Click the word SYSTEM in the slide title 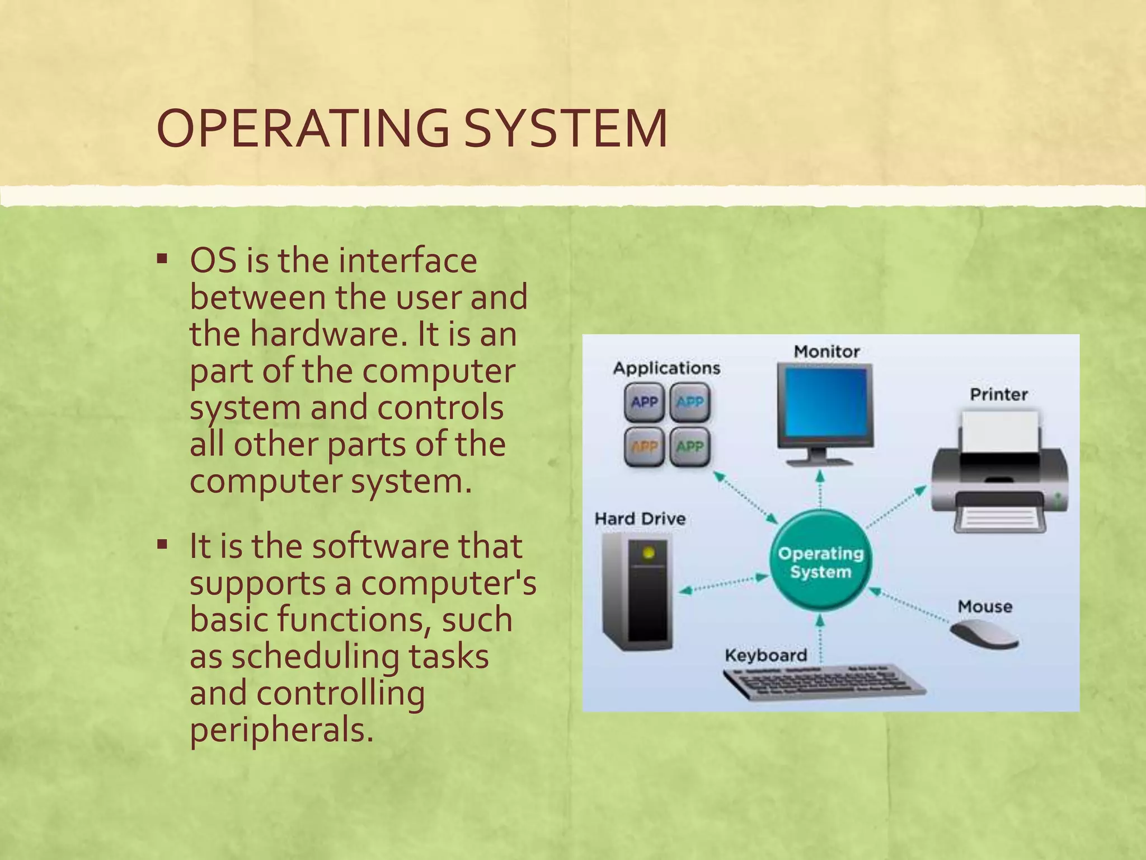click(566, 129)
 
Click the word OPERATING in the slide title click(302, 129)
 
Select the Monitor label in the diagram click(826, 352)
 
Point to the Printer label click(999, 394)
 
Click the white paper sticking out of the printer click(999, 431)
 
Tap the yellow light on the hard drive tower click(649, 553)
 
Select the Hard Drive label click(640, 518)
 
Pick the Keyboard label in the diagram click(765, 655)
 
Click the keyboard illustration click(823, 683)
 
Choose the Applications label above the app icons click(666, 368)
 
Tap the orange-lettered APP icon click(644, 447)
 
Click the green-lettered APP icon click(689, 447)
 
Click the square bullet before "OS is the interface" click(162, 259)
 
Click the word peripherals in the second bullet click(281, 730)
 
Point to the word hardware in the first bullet click(328, 334)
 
